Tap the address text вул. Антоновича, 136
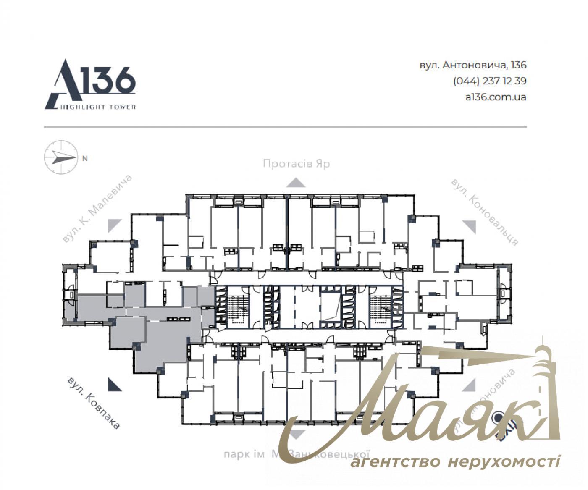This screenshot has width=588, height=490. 472,66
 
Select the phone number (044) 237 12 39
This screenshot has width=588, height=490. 489,81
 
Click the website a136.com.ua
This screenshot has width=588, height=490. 496,97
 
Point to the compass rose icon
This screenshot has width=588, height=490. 61,157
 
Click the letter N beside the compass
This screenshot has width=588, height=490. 85,159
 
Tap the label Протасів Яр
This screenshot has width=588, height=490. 296,163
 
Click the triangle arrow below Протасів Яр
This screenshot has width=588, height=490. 296,183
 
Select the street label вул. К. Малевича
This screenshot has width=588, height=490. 97,209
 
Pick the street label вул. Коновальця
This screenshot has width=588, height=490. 484,212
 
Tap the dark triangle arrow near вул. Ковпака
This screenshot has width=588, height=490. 114,385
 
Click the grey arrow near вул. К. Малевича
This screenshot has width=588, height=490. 114,225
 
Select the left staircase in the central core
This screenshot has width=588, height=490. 238,307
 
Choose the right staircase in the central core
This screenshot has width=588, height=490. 381,307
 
